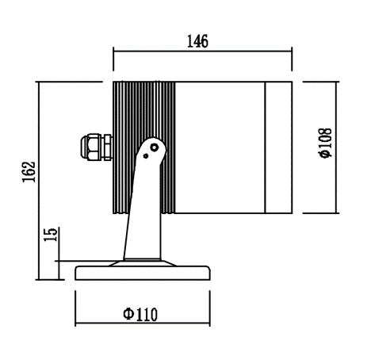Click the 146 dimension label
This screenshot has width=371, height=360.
tap(197, 41)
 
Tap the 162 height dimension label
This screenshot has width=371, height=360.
tap(29, 172)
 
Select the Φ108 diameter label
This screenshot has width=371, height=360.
tap(325, 144)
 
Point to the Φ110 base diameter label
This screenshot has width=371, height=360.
tap(140, 314)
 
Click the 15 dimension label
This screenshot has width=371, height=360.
tap(50, 234)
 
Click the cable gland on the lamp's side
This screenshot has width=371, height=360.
tap(97, 147)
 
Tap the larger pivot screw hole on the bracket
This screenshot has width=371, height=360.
tap(154, 147)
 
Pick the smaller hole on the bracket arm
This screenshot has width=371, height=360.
tap(146, 156)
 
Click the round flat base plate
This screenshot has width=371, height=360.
tap(143, 273)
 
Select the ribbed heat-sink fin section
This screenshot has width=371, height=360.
tap(144, 147)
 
